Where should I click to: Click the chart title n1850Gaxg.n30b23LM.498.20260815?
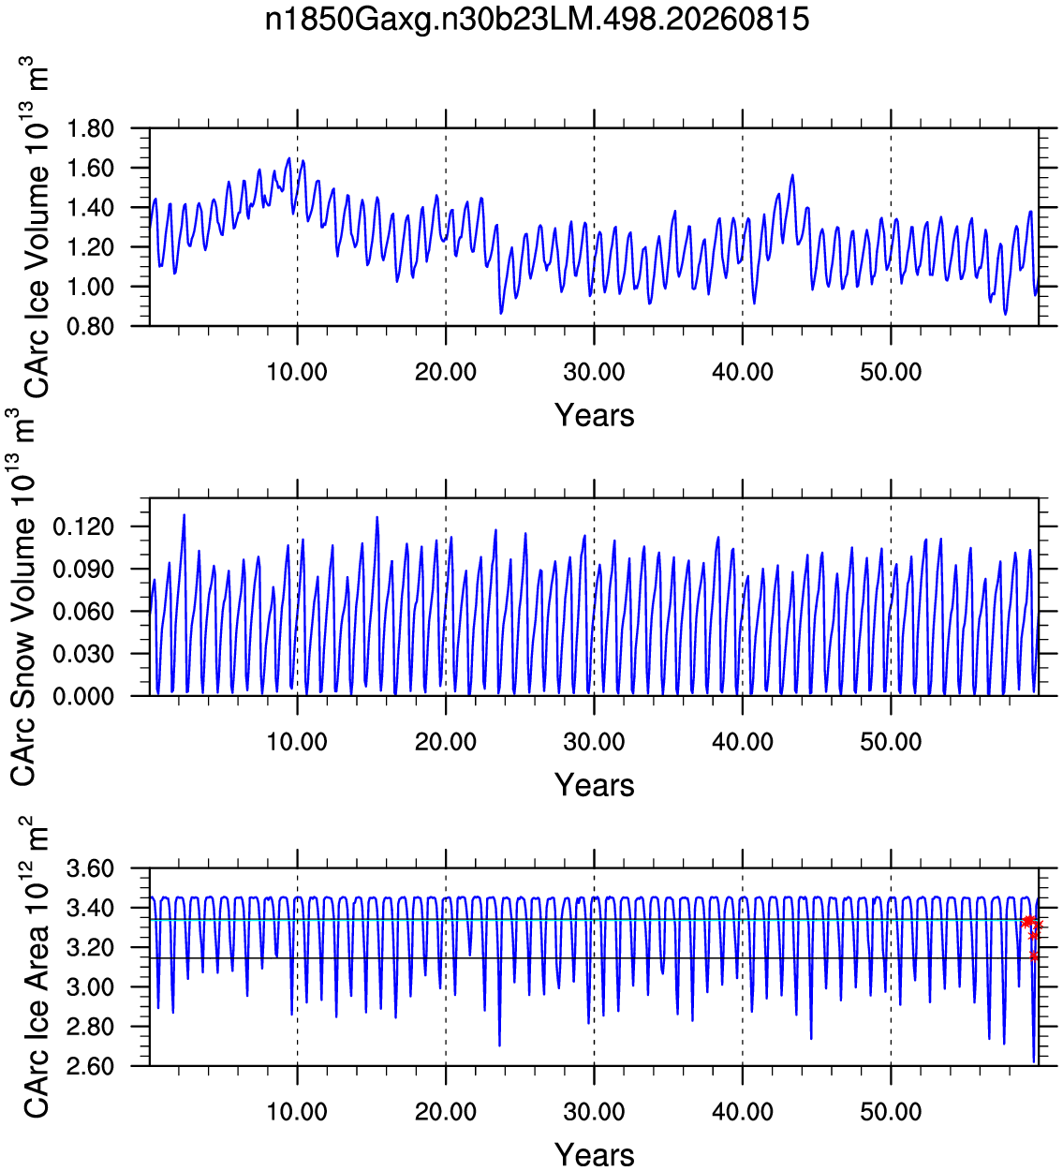click(537, 21)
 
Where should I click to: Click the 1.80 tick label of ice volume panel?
click(91, 128)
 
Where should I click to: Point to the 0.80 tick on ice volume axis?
click(91, 326)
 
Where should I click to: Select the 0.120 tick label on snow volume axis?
click(83, 526)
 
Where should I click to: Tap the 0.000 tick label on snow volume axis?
click(83, 696)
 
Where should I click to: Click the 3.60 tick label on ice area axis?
click(91, 868)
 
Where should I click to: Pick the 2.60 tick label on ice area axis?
click(91, 1066)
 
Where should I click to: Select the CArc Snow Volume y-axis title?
click(22, 597)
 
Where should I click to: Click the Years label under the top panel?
click(595, 416)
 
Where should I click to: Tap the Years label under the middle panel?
click(595, 785)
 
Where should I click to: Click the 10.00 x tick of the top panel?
click(297, 372)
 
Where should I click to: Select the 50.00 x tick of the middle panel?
click(891, 741)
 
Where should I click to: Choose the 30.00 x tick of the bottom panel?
click(595, 1112)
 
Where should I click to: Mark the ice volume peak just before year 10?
click(289, 158)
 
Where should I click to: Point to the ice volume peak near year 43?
click(792, 175)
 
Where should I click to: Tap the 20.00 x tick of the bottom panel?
click(446, 1112)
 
